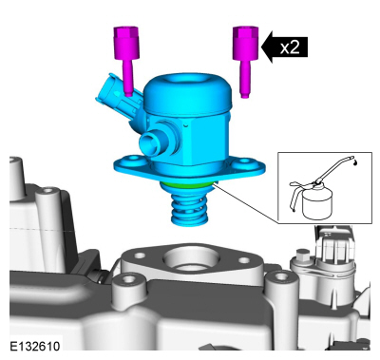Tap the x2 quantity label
[290, 47]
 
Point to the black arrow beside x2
[284, 47]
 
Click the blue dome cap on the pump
[188, 93]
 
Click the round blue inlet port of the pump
[151, 143]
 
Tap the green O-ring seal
[188, 185]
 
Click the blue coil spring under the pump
[189, 209]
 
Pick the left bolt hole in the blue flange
[133, 159]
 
